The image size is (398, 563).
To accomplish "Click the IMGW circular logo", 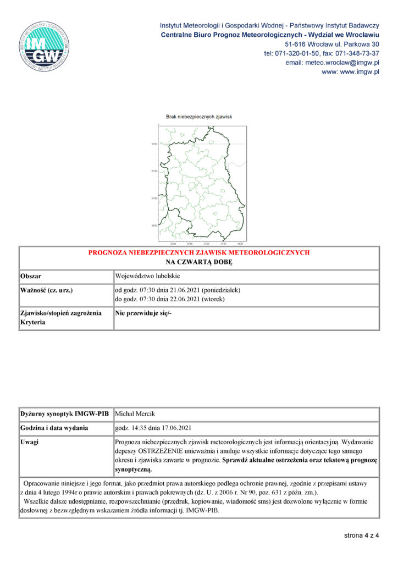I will [x=46, y=46].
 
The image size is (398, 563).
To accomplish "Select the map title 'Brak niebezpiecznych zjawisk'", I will [x=200, y=117].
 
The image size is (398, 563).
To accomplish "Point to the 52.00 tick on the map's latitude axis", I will [x=154, y=144].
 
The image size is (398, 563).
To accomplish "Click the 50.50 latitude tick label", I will [x=154, y=225].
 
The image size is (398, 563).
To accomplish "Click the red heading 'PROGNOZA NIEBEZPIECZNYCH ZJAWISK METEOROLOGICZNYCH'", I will [x=199, y=253].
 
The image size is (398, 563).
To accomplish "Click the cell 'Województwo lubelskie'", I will [x=147, y=276].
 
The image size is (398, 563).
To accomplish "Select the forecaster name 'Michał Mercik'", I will [x=134, y=413].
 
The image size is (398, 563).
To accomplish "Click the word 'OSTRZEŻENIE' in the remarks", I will [x=160, y=451].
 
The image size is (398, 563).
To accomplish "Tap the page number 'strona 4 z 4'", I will [x=362, y=535].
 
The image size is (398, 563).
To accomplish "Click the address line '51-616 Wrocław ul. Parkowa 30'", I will [x=332, y=44].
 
